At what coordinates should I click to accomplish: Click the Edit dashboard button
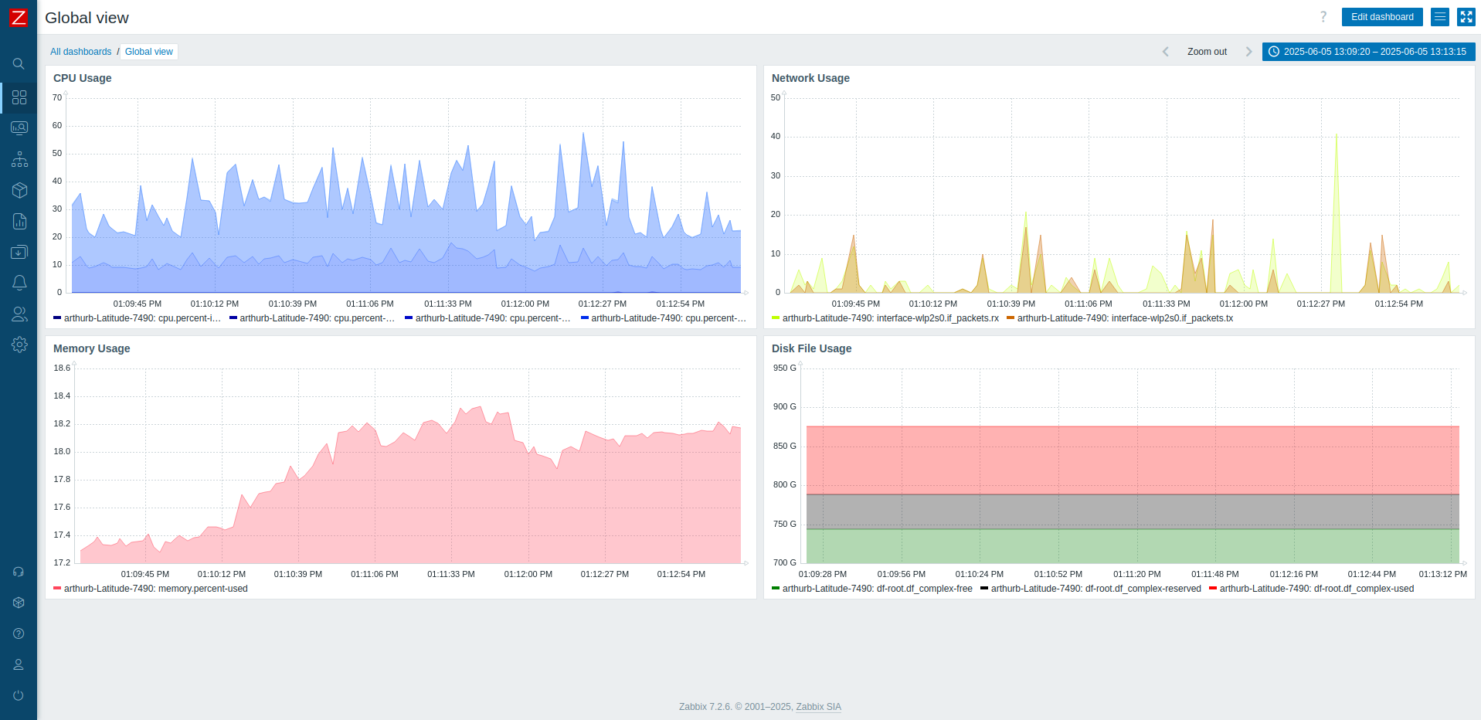tap(1381, 17)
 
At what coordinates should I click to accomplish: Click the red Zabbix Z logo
tap(18, 17)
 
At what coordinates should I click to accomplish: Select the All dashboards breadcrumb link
tap(80, 52)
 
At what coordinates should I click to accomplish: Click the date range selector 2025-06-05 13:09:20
tap(1368, 52)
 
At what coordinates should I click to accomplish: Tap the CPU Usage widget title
tap(82, 78)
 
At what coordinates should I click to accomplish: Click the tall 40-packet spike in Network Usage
tap(1337, 139)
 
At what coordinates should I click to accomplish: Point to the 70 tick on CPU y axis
tap(57, 97)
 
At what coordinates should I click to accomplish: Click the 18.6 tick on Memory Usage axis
tap(62, 368)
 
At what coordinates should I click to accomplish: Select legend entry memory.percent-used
tap(155, 589)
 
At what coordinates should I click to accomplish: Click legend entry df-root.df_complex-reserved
tap(1095, 589)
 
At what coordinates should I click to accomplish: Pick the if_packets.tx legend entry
tap(1124, 318)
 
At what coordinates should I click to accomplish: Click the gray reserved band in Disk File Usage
tap(1132, 511)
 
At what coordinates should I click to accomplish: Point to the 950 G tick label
tap(784, 368)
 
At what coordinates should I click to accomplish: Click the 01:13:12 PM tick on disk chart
tap(1442, 574)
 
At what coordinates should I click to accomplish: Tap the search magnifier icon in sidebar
tap(19, 64)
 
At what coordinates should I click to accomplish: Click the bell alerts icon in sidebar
tap(19, 283)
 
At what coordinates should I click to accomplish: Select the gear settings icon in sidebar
tap(19, 345)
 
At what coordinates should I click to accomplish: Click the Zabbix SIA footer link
tap(818, 707)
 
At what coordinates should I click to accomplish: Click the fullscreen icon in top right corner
tap(1466, 17)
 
